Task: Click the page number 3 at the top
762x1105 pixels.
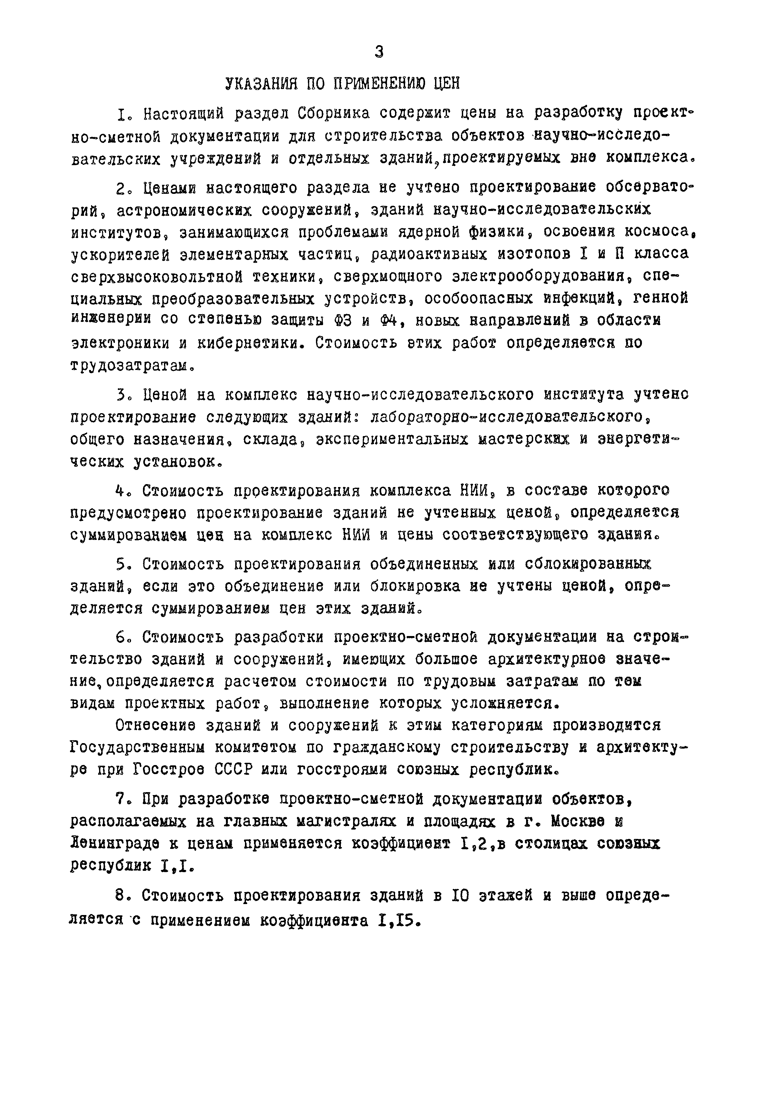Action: [x=379, y=52]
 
